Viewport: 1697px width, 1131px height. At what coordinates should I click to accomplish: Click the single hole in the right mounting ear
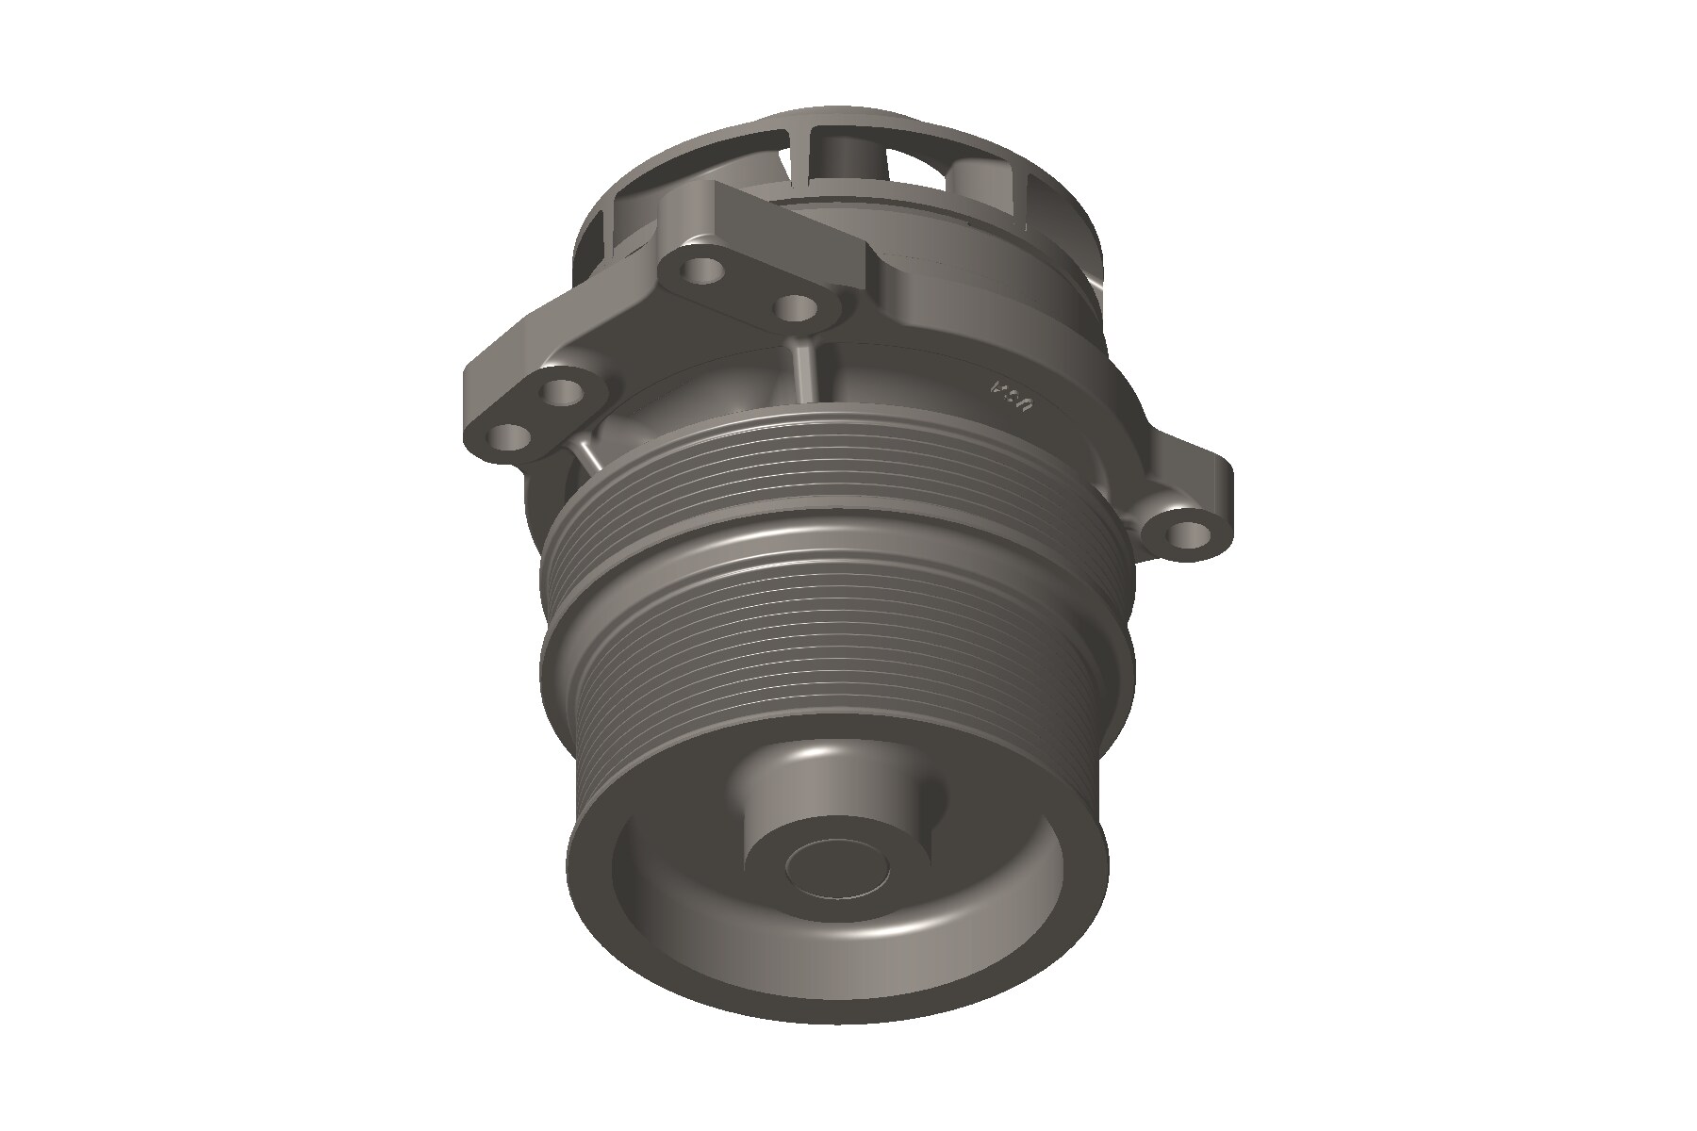click(x=1187, y=534)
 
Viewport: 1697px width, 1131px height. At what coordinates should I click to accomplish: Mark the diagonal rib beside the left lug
click(x=585, y=456)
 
